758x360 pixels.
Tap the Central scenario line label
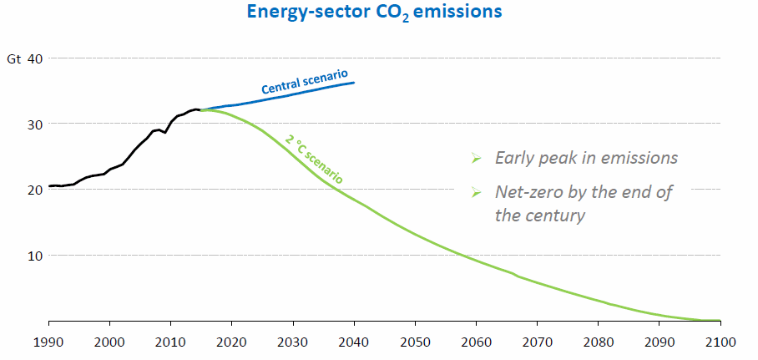[304, 81]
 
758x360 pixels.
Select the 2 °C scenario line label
[314, 158]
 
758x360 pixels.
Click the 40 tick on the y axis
[35, 58]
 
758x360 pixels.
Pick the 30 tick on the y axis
[35, 124]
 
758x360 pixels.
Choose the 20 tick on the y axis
[35, 190]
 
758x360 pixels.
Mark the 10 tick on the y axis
[35, 255]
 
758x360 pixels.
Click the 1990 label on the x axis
[48, 342]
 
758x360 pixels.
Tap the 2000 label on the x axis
[109, 342]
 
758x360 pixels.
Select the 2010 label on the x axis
[170, 342]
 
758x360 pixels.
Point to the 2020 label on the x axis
[231, 342]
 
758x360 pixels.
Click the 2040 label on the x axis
[354, 342]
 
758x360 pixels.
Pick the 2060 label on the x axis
[476, 342]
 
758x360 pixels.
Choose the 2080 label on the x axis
[598, 342]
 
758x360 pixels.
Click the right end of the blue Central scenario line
[353, 83]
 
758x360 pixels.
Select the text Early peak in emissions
[586, 158]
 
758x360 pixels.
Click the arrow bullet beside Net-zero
[477, 193]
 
